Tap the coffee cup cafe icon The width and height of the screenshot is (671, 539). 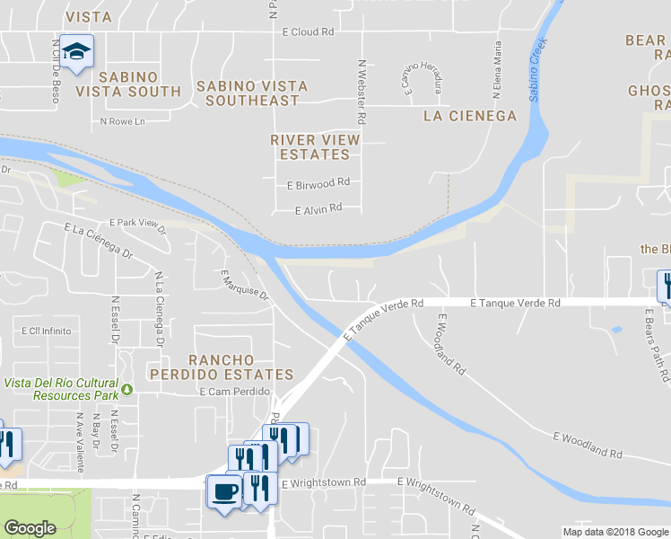click(x=224, y=491)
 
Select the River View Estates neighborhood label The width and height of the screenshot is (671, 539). click(x=315, y=147)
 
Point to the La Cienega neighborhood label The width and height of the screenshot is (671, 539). click(x=470, y=116)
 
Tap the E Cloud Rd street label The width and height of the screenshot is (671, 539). click(x=308, y=31)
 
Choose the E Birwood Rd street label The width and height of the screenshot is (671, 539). click(x=318, y=183)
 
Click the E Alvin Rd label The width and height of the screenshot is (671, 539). click(x=318, y=208)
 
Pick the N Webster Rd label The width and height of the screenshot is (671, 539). click(x=362, y=92)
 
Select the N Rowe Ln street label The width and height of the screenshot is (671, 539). click(x=122, y=121)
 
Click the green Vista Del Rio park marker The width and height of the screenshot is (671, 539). click(x=127, y=389)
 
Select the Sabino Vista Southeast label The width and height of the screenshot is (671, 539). click(x=251, y=93)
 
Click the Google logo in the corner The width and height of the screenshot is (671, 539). click(x=30, y=528)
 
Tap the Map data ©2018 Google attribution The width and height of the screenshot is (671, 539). click(x=614, y=532)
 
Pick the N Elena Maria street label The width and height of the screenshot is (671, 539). click(x=495, y=69)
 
